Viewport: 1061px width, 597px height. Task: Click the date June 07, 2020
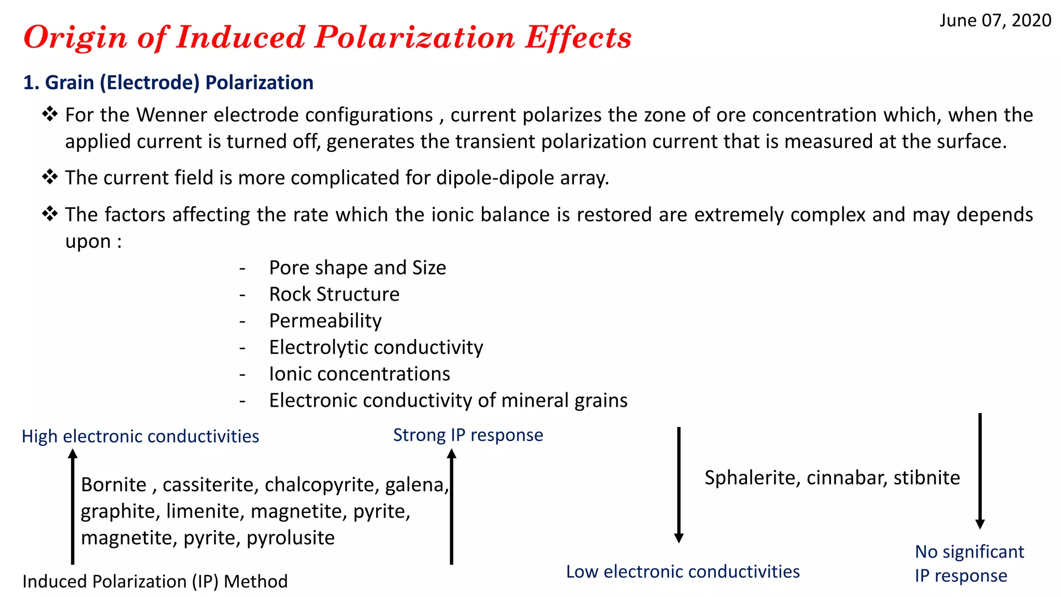(995, 21)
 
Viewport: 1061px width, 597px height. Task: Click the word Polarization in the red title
(415, 37)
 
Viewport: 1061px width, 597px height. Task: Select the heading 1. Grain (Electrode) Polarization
(168, 83)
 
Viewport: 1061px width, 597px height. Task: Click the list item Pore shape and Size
(357, 268)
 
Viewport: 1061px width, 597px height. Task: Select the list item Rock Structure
(334, 294)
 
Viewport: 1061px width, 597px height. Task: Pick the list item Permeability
(325, 321)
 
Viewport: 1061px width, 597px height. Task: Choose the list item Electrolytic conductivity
(376, 347)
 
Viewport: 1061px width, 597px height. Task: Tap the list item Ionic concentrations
(360, 374)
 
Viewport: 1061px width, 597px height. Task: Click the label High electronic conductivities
(140, 436)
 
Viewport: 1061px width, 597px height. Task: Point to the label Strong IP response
(468, 435)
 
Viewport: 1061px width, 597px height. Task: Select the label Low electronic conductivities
(683, 572)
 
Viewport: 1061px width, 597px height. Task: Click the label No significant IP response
(969, 564)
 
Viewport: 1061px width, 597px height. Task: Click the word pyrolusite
(291, 538)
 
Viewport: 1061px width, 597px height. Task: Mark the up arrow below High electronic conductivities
(73, 505)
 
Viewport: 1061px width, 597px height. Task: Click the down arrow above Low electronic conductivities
(679, 485)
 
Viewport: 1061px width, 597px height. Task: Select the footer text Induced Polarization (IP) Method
(155, 581)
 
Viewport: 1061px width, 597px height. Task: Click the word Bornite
(113, 485)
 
